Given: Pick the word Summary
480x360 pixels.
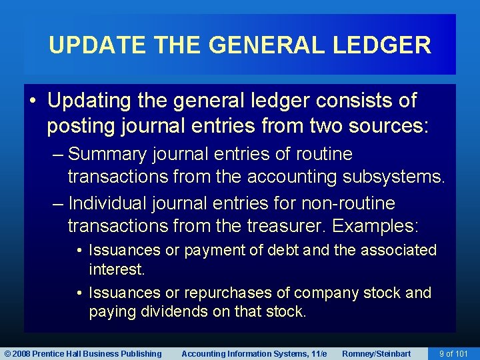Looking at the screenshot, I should [107, 154].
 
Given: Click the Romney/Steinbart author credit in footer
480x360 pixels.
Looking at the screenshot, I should [376, 353].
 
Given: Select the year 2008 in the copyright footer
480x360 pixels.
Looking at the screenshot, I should [21, 353].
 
